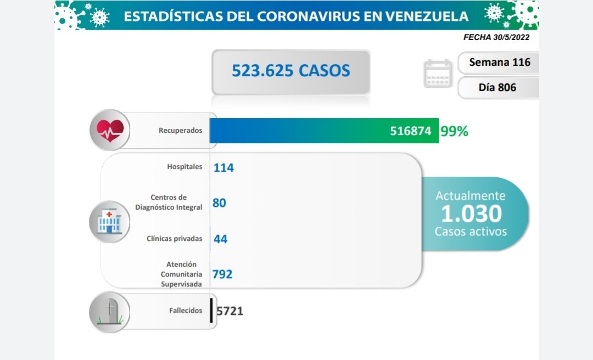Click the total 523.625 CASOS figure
click(x=290, y=71)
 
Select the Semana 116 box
click(x=499, y=62)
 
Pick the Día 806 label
click(x=497, y=87)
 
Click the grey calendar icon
click(x=438, y=74)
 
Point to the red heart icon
click(x=110, y=130)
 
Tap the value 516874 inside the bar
click(x=411, y=132)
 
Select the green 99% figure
click(x=454, y=132)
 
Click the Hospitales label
click(x=184, y=166)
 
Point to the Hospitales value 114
click(x=223, y=167)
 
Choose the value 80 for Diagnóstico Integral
click(x=219, y=203)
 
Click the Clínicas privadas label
click(x=174, y=239)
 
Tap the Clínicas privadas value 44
click(x=220, y=239)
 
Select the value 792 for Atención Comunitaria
click(x=222, y=273)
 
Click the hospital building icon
click(x=110, y=221)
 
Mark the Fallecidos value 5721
click(x=230, y=311)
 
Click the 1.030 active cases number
click(x=471, y=213)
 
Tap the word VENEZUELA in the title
click(x=428, y=16)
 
